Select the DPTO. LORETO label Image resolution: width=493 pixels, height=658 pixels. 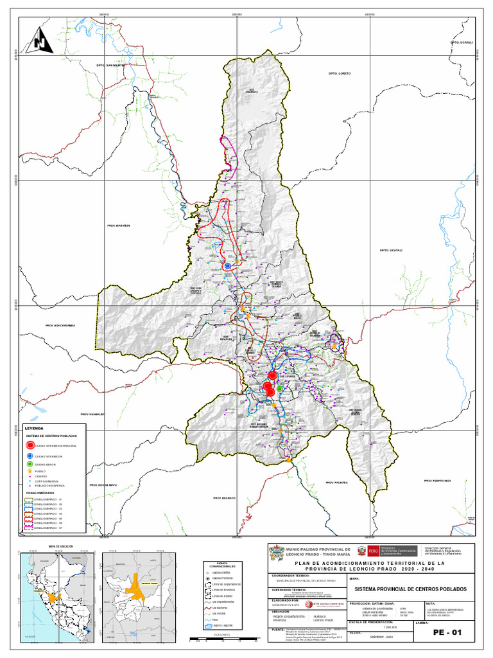point(340,73)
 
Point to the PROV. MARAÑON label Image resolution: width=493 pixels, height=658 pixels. point(119,226)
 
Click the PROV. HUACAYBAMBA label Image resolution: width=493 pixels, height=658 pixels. point(60,326)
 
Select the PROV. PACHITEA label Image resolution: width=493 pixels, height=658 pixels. point(336,482)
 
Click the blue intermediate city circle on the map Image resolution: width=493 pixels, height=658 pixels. point(227,265)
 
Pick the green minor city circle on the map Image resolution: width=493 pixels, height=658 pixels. point(280,389)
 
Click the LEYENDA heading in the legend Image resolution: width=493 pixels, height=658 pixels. point(34,427)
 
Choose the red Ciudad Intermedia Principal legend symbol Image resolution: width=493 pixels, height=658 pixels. point(30,445)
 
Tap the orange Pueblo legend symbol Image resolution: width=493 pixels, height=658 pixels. point(30,470)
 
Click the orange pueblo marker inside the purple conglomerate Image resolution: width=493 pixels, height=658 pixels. point(334,346)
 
